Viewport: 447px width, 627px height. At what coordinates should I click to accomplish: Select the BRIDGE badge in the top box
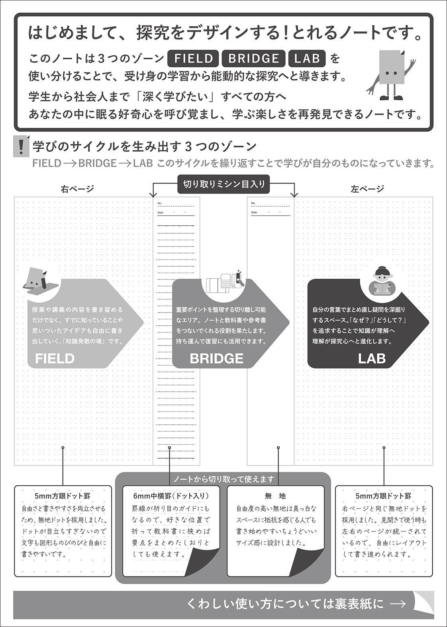[x=253, y=59]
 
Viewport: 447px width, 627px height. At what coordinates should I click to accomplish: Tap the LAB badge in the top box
[x=307, y=59]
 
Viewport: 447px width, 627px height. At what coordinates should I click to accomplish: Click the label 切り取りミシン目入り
[x=223, y=184]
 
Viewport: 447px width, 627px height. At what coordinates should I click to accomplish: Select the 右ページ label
[x=77, y=189]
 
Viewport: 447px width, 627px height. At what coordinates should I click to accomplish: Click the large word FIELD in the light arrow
[x=55, y=358]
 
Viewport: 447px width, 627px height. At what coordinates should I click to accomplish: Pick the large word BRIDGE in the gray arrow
[x=216, y=358]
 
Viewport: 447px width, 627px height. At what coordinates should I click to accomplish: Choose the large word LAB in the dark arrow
[x=371, y=358]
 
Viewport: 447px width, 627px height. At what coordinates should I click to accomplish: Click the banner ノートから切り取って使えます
[x=223, y=479]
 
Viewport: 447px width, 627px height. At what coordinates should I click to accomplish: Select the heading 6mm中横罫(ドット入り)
[x=171, y=496]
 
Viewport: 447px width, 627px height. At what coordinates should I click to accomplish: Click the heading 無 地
[x=275, y=496]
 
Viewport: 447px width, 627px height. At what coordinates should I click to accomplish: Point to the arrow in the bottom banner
[x=398, y=604]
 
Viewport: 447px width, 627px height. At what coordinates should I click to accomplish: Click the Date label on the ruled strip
[x=160, y=213]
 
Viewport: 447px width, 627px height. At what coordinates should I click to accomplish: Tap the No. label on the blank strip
[x=253, y=203]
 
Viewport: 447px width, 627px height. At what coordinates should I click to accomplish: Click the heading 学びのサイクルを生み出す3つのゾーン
[x=145, y=146]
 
